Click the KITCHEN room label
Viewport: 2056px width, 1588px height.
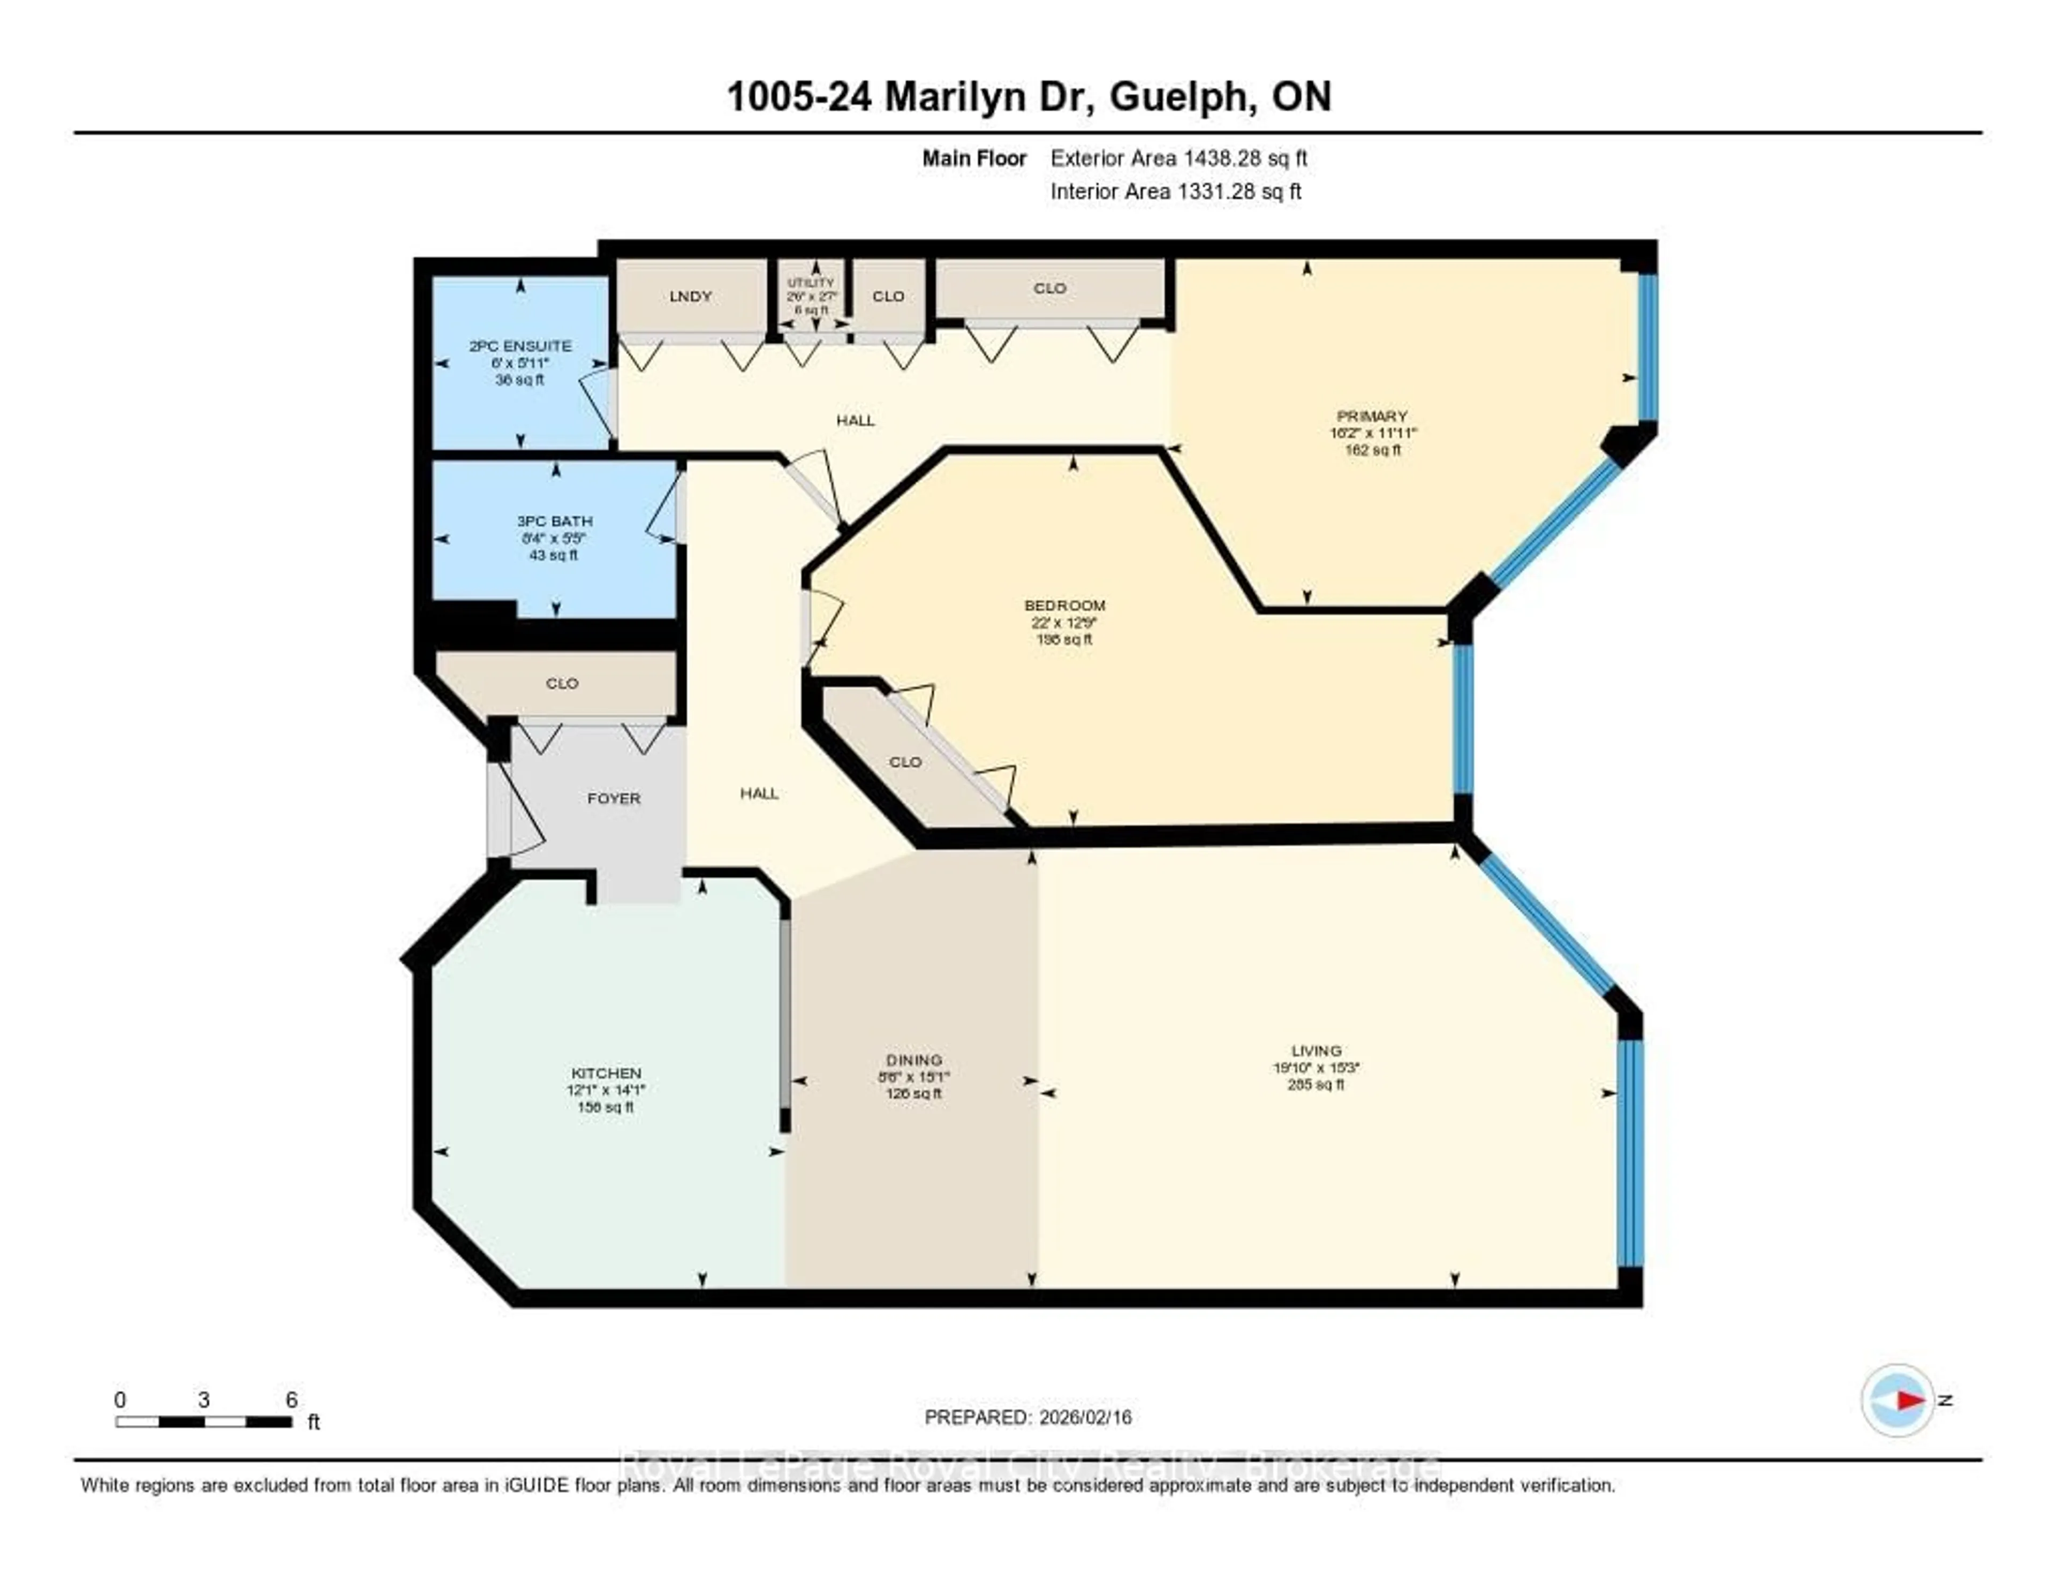click(x=606, y=1073)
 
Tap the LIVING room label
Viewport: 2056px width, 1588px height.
click(x=1316, y=1050)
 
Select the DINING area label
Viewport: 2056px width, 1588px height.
click(x=913, y=1060)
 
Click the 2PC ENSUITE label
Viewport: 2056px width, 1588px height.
click(x=520, y=346)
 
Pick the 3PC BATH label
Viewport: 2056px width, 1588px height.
click(x=555, y=521)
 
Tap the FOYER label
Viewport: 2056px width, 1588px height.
click(x=614, y=798)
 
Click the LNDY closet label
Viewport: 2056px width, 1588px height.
click(x=690, y=297)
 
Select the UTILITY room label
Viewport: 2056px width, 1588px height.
click(x=811, y=282)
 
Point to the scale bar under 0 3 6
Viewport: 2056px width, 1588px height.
click(x=203, y=1421)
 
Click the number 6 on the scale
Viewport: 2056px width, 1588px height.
click(x=292, y=1400)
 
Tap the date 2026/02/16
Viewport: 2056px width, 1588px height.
click(x=1084, y=1417)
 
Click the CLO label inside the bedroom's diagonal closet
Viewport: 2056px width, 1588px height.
click(x=905, y=761)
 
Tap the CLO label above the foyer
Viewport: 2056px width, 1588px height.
click(x=562, y=683)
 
